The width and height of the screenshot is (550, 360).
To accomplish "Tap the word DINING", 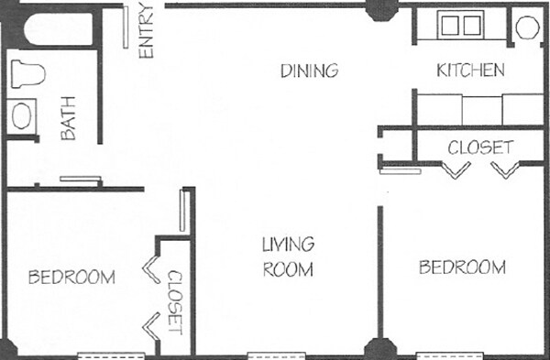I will tap(310, 71).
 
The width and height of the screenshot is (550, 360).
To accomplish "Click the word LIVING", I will tap(288, 245).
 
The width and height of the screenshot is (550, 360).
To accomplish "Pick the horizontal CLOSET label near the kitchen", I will tap(480, 147).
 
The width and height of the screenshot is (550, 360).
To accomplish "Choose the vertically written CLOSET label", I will tap(175, 301).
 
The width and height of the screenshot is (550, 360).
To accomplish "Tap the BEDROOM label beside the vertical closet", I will tap(71, 277).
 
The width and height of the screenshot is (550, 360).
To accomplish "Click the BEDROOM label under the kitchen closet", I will tap(462, 267).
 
